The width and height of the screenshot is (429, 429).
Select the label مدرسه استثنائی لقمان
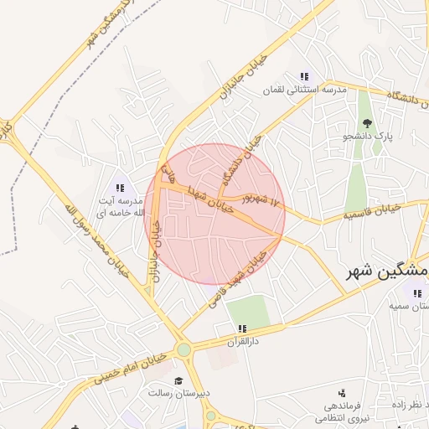tap(304, 90)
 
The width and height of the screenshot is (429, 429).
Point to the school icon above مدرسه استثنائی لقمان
tap(303, 76)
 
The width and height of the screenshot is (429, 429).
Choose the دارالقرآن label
tap(243, 342)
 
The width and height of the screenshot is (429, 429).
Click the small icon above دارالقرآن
tap(242, 328)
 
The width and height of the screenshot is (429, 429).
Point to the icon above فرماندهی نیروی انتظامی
tap(341, 392)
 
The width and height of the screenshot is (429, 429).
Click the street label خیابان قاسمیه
tap(369, 214)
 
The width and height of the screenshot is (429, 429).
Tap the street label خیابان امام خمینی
tap(129, 369)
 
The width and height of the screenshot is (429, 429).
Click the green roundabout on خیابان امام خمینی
tap(183, 349)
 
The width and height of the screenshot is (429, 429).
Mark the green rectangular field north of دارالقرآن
tap(248, 313)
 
